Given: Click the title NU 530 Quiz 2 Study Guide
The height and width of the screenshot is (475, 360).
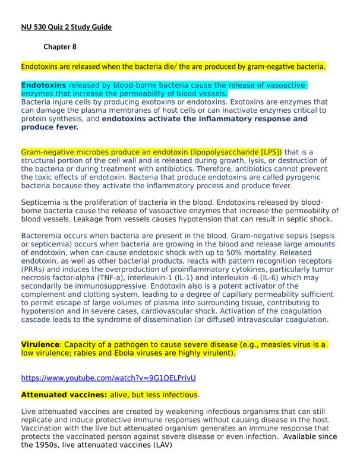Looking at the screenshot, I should tap(67, 27).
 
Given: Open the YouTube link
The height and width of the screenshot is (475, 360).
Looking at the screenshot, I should tap(108, 378).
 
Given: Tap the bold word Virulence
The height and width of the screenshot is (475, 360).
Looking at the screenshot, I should tap(40, 344).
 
